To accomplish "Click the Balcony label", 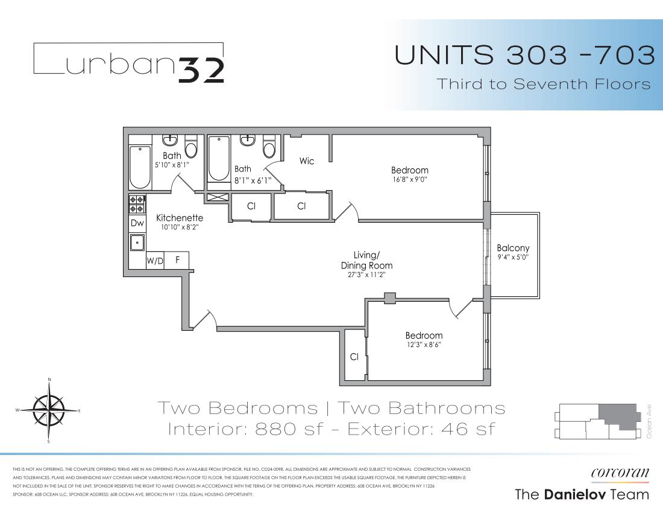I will (513, 248).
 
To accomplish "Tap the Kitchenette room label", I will (180, 218).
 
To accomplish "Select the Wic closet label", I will (307, 161).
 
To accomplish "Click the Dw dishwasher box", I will (137, 223).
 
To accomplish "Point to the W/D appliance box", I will (155, 261).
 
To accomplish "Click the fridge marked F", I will (178, 261).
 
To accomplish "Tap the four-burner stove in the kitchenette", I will (137, 204).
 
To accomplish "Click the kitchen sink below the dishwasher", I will (137, 243).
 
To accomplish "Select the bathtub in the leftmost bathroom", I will (140, 167).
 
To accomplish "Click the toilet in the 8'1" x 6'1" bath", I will (269, 148).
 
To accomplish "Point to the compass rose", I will (48, 411).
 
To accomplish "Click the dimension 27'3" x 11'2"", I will (366, 275).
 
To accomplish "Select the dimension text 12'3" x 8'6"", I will (424, 346).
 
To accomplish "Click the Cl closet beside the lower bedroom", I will (354, 357).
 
